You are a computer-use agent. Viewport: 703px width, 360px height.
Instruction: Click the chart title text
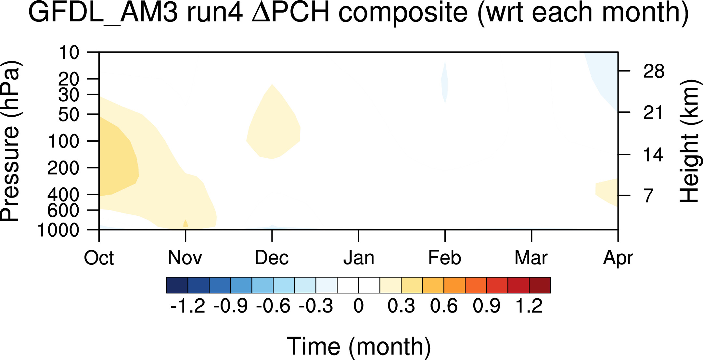(358, 13)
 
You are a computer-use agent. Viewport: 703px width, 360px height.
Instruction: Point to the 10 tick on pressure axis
(69, 52)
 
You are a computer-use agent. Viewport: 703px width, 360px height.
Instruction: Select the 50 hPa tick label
(69, 114)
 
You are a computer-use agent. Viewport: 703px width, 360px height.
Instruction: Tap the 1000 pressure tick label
(59, 230)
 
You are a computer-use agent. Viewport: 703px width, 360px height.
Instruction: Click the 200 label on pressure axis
(63, 168)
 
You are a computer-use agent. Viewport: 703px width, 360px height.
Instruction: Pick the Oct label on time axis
(99, 258)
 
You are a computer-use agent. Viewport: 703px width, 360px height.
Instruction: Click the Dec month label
(272, 258)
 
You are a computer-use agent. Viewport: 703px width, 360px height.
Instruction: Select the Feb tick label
(445, 258)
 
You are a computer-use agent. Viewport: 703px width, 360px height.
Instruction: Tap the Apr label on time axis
(618, 259)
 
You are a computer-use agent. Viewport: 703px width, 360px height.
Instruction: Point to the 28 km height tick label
(654, 71)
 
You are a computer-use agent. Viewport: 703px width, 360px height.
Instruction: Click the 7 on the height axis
(649, 196)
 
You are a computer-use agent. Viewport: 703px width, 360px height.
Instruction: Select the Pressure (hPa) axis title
(11, 141)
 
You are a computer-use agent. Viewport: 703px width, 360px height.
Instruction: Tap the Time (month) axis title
(359, 346)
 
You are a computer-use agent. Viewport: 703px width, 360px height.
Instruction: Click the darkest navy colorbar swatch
(177, 285)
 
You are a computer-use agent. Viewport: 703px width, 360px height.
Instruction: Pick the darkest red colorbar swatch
(540, 285)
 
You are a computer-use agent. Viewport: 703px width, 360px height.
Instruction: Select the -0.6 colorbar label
(273, 306)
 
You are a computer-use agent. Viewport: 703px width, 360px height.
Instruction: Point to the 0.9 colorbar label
(486, 306)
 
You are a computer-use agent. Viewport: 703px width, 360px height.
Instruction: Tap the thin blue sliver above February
(444, 82)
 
